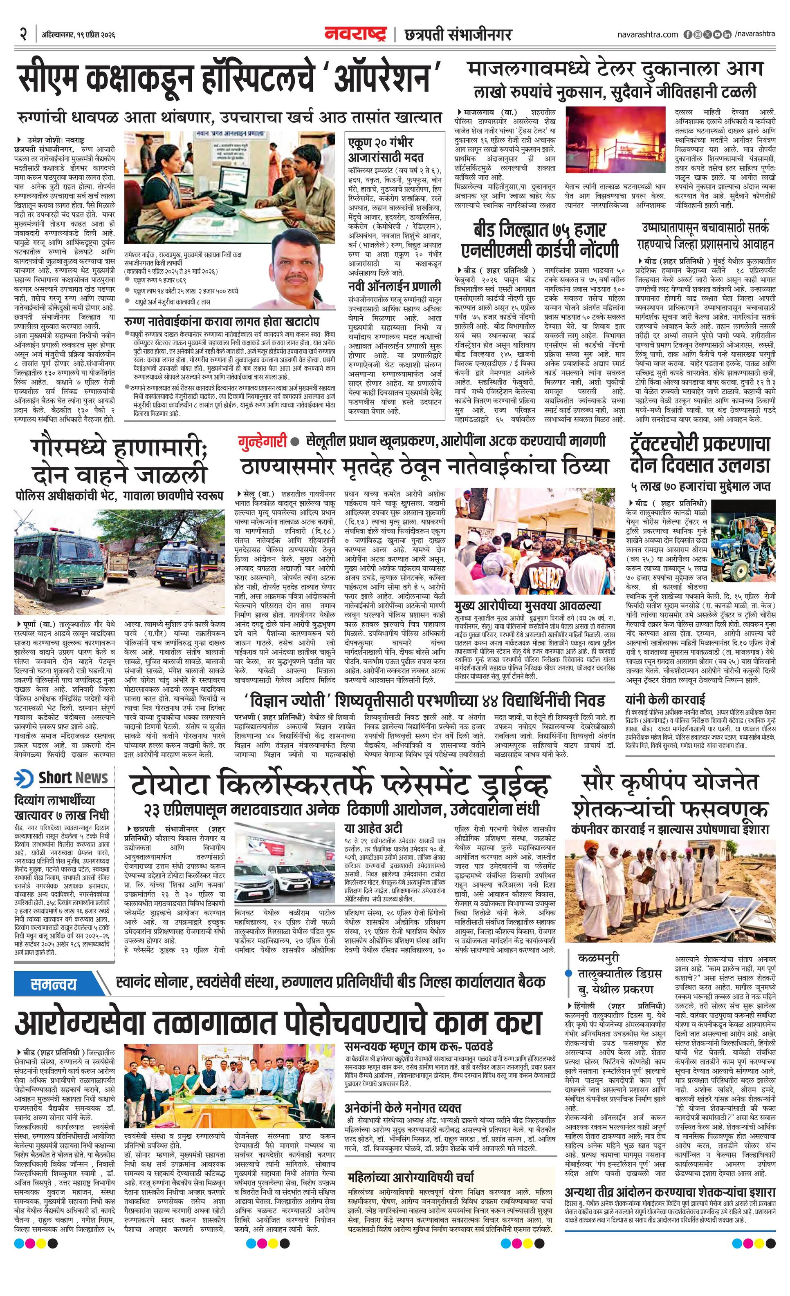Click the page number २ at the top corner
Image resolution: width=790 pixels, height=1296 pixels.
(x=23, y=35)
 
